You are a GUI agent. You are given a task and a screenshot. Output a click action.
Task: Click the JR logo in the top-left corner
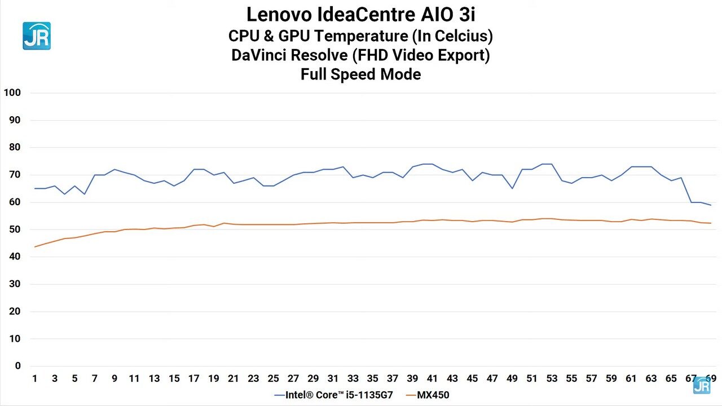tap(37, 36)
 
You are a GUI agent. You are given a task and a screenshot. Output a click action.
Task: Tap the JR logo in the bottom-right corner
tap(702, 385)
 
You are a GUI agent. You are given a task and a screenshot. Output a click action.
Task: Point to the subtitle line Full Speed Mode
tap(360, 74)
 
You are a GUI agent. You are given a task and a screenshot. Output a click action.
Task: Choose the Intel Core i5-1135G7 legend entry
tap(334, 395)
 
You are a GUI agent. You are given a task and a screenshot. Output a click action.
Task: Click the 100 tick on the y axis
tap(12, 92)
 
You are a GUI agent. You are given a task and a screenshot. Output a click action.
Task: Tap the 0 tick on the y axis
tap(17, 366)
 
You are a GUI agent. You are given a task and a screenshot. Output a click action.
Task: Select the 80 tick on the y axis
tap(14, 147)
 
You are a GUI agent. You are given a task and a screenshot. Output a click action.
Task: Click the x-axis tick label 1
tap(35, 378)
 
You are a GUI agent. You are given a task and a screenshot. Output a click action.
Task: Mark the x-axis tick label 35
tap(373, 378)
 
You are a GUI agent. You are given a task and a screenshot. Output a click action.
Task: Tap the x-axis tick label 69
tap(711, 378)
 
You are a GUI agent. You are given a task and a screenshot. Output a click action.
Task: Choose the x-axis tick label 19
tap(214, 378)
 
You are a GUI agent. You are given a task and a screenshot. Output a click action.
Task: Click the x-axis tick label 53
tap(552, 378)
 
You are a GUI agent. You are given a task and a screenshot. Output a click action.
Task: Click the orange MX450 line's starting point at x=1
tap(35, 247)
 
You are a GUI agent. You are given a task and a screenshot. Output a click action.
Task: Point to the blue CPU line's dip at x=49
tap(512, 188)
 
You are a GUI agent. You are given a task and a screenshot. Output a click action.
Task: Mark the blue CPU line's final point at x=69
tap(711, 205)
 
